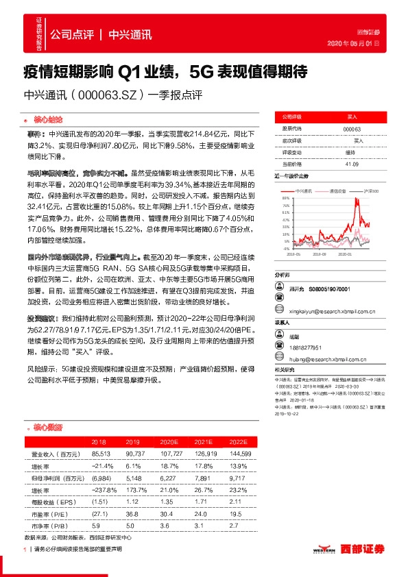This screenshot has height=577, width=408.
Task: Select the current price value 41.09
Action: [x=352, y=164]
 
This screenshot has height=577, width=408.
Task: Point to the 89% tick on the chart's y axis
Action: [x=285, y=198]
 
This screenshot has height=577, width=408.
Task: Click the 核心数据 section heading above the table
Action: [x=46, y=428]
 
